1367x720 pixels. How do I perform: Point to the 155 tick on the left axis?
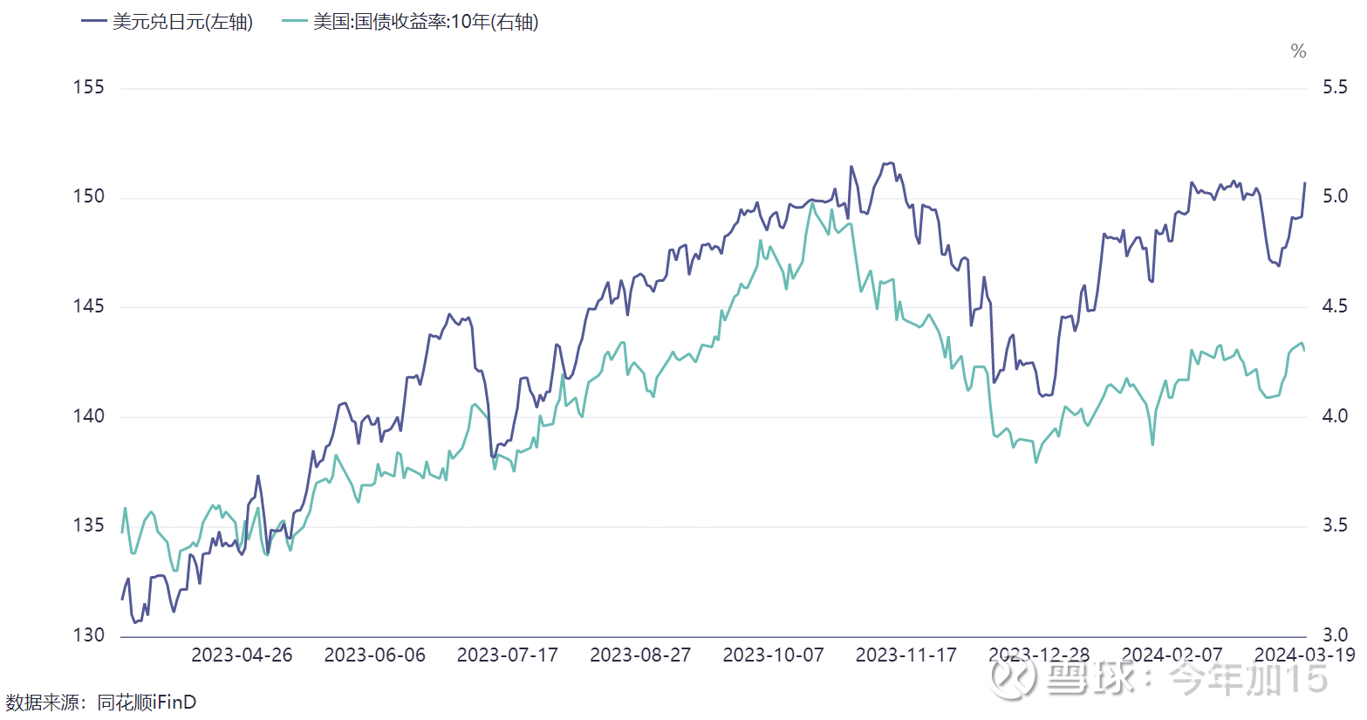88,87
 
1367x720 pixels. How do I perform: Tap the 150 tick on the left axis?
88,196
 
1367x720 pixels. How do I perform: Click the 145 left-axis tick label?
88,306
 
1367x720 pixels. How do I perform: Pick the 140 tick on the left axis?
88,416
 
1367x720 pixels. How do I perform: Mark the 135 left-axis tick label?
88,525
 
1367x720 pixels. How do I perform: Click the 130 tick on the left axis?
88,635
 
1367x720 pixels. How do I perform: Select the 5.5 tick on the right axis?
1335,87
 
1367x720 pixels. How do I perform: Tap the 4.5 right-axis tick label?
1335,306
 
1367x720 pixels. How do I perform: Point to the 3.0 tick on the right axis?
1335,635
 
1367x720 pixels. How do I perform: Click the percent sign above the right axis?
1298,51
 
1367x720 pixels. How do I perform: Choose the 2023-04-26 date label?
242,655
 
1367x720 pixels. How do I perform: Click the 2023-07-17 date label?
508,655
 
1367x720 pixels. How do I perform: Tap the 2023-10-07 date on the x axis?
773,655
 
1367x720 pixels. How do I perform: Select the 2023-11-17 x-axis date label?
906,655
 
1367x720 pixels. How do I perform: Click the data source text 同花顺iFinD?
147,702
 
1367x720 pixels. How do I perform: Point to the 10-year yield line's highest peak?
812,204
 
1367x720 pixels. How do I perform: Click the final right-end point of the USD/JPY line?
1305,183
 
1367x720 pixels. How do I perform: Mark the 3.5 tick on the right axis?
1335,525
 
